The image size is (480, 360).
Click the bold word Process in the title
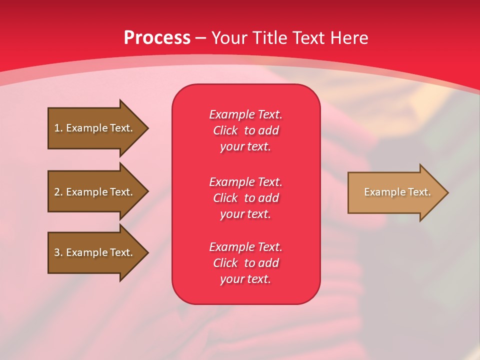157,38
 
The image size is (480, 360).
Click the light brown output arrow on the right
395,192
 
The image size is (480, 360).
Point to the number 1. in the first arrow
58,128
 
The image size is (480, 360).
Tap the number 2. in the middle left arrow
58,192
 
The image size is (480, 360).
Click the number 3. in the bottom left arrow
58,252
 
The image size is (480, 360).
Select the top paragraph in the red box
245,130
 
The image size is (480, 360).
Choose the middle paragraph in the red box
245,197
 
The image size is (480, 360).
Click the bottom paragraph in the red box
245,263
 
